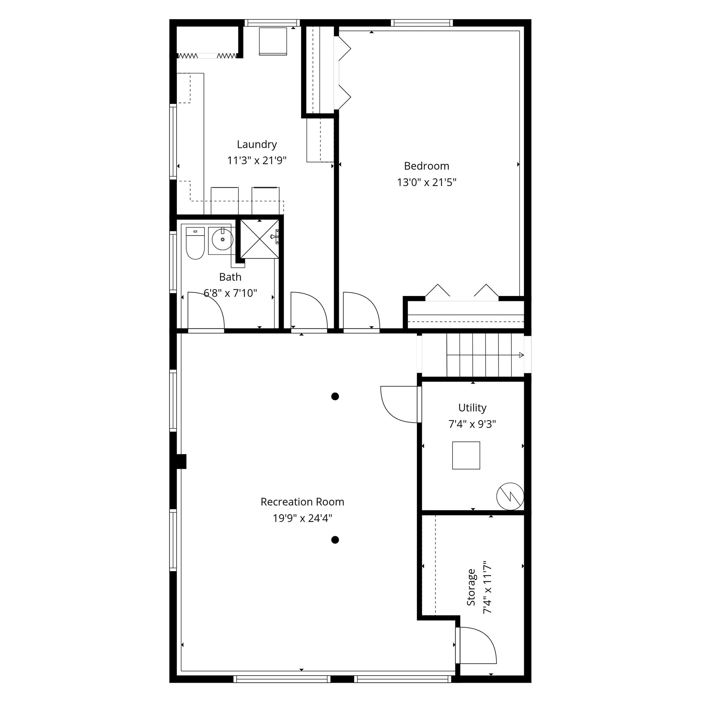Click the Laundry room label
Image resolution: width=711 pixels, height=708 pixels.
257,145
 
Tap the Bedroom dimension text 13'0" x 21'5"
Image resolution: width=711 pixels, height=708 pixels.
427,182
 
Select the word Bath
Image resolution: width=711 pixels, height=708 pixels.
230,277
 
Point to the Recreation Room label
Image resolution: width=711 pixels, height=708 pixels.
302,502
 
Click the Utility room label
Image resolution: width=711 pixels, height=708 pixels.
472,408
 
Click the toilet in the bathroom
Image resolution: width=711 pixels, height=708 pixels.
195,243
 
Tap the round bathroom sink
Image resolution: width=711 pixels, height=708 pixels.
222,239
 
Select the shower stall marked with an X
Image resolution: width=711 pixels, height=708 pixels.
259,239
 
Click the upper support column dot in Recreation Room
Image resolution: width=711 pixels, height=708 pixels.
335,396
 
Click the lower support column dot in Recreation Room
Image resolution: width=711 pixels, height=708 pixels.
335,540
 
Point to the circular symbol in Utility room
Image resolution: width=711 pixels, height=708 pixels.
510,496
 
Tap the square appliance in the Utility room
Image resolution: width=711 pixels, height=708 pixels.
466,455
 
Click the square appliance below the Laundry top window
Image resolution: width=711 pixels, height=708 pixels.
273,41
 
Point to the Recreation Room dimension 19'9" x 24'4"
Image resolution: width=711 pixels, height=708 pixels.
302,518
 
